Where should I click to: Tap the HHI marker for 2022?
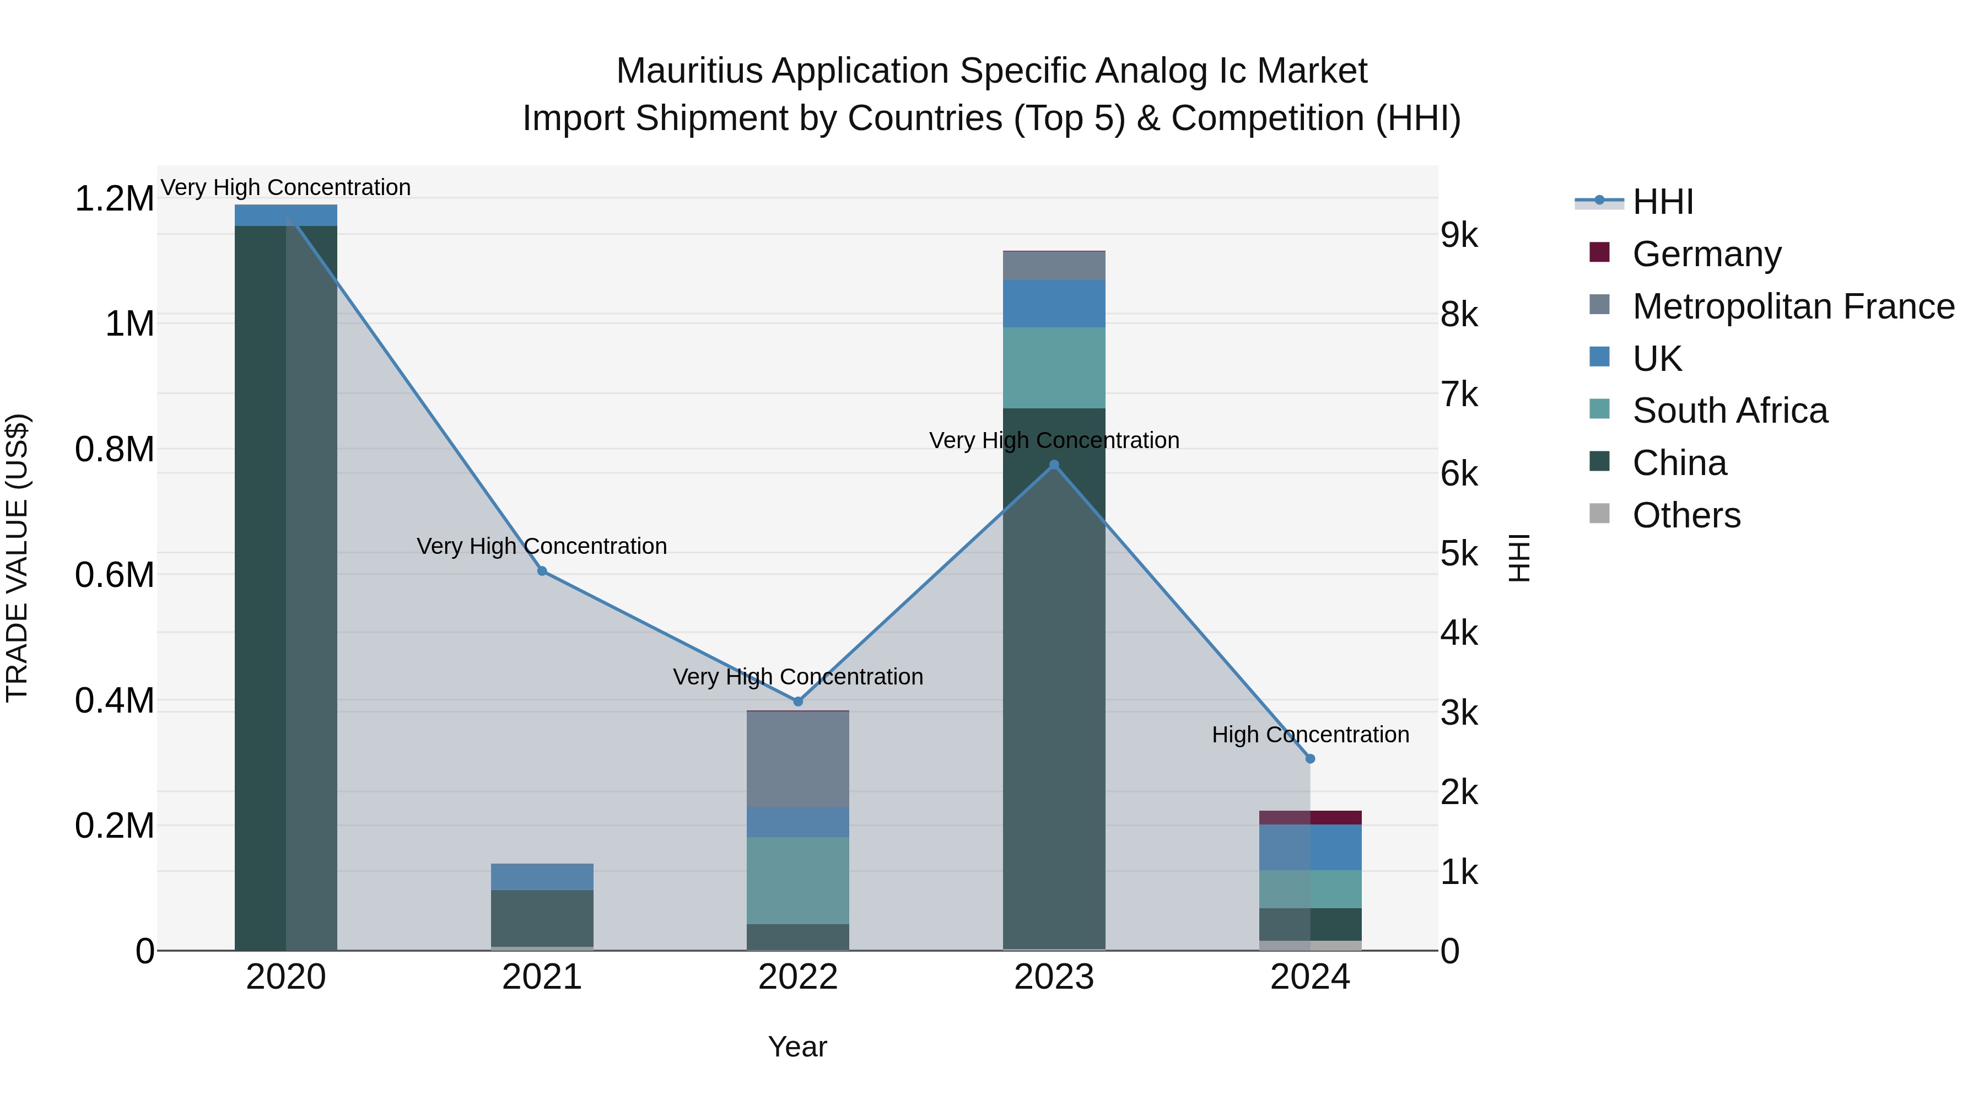tap(798, 701)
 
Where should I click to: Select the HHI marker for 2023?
tap(1054, 465)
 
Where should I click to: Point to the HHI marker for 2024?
tap(1310, 759)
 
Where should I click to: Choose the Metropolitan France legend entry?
tap(1792, 306)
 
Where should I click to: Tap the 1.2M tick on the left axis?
tap(114, 199)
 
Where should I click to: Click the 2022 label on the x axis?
tap(798, 977)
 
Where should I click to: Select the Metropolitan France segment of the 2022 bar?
tap(798, 759)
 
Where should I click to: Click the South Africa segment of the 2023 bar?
tap(1054, 368)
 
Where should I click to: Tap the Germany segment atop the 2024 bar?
tap(1310, 817)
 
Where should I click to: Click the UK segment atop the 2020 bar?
tap(285, 215)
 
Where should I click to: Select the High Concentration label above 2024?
tap(1310, 735)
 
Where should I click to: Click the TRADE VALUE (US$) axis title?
tap(17, 558)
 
